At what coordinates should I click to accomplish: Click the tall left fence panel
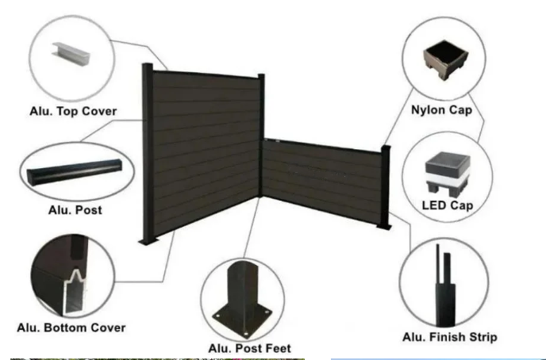[x=204, y=151]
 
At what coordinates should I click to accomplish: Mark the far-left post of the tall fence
[x=148, y=155]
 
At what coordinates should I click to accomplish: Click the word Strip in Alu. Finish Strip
[x=480, y=337]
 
